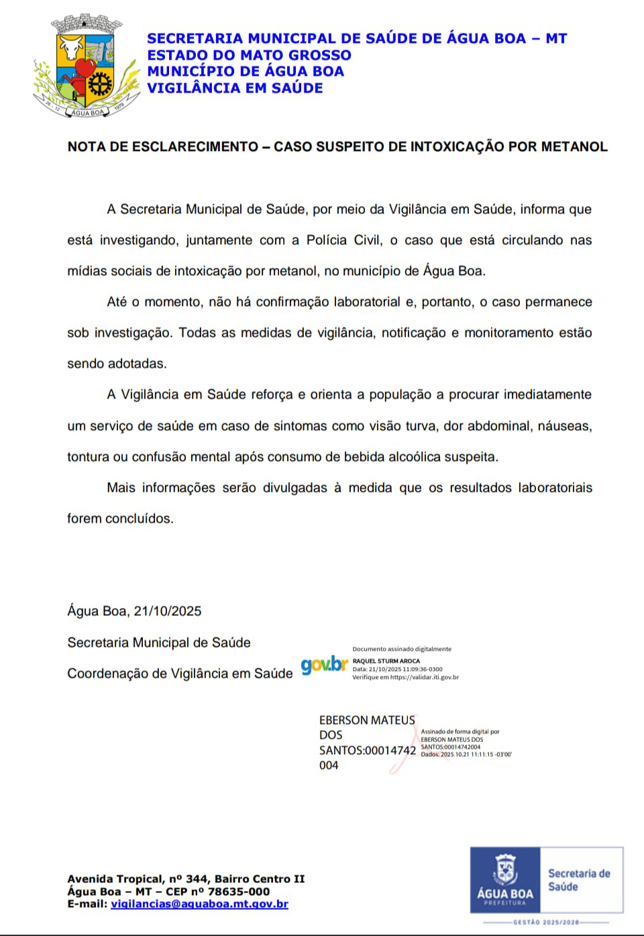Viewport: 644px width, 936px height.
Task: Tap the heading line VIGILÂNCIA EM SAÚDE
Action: tap(235, 88)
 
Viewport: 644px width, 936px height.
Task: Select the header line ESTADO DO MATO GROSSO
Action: tap(249, 55)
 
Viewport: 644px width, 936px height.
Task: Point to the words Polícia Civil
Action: tap(344, 240)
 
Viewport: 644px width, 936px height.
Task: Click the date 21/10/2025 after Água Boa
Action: tap(168, 611)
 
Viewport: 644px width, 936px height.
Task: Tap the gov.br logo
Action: tap(325, 665)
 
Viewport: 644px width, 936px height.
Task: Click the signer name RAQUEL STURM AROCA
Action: tap(386, 661)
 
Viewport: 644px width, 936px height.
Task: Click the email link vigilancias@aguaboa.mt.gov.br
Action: tap(199, 904)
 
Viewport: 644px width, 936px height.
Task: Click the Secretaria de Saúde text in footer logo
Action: tap(579, 880)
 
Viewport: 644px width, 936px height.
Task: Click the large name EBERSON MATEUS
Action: tap(366, 721)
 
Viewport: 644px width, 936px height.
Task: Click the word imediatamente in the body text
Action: tap(548, 395)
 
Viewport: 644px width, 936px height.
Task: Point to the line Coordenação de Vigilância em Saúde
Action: tap(180, 674)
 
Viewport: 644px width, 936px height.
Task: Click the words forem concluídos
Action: tap(120, 519)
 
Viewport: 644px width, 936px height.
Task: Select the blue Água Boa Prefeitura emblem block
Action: tap(504, 880)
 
